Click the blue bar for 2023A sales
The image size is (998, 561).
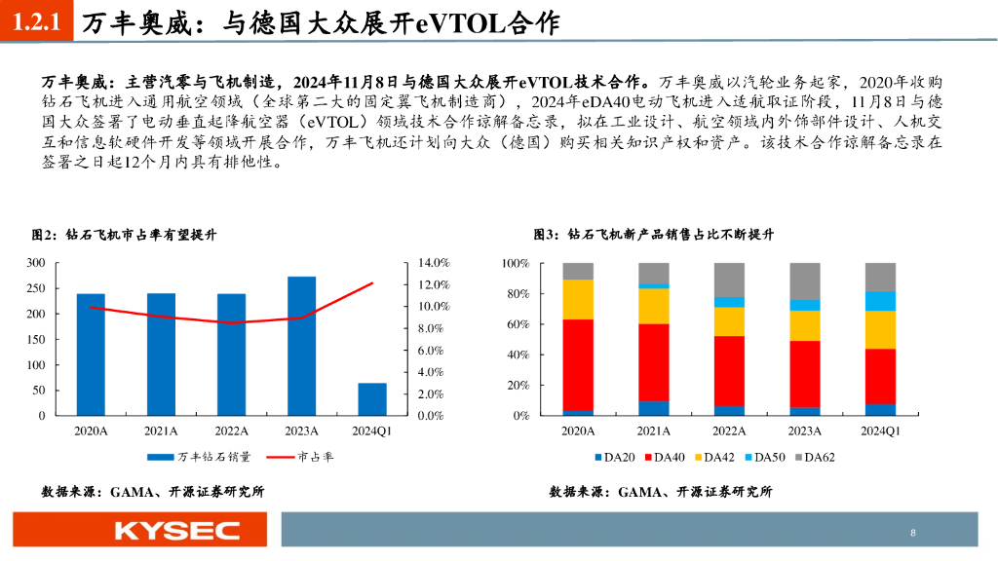click(x=301, y=346)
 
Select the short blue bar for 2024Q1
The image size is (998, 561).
click(x=371, y=399)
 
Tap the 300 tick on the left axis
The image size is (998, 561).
click(x=36, y=263)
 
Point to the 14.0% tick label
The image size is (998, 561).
click(x=433, y=263)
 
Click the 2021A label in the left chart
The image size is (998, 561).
click(x=161, y=431)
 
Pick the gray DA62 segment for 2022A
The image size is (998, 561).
click(x=729, y=280)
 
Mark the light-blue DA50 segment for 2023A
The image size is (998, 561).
click(x=805, y=305)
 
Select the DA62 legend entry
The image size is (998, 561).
click(x=814, y=456)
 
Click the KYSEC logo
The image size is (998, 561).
click(x=176, y=531)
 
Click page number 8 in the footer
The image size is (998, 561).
click(x=912, y=533)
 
